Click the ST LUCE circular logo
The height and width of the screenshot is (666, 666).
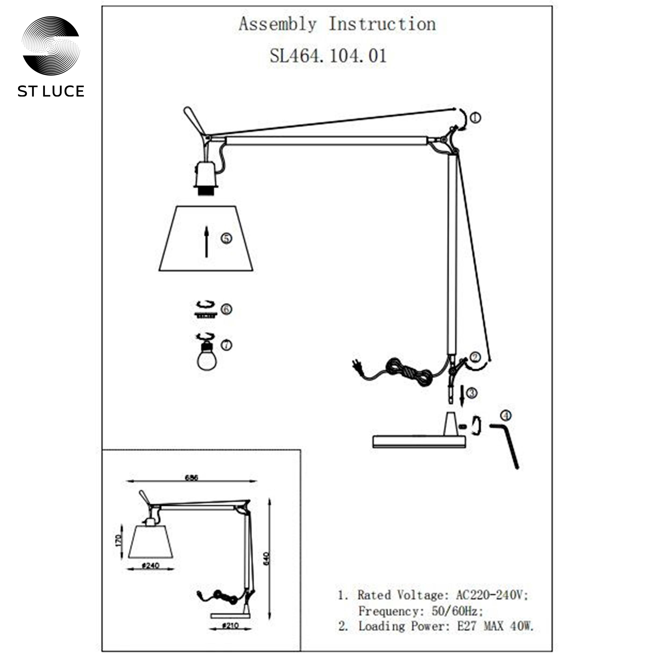pyautogui.click(x=51, y=46)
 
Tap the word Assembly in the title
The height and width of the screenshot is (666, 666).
pyautogui.click(x=277, y=24)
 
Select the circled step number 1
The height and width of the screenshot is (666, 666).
pyautogui.click(x=476, y=118)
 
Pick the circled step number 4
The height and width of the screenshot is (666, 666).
pyautogui.click(x=506, y=416)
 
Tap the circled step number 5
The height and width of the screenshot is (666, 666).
pyautogui.click(x=226, y=238)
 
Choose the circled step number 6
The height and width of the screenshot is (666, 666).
pyautogui.click(x=226, y=309)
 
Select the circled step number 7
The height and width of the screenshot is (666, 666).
pyautogui.click(x=226, y=345)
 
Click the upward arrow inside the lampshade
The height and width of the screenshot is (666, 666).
pyautogui.click(x=206, y=242)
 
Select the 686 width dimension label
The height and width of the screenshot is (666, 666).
pyautogui.click(x=192, y=478)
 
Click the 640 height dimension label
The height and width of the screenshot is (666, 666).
pyautogui.click(x=266, y=568)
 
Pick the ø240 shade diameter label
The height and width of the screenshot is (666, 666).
pyautogui.click(x=151, y=566)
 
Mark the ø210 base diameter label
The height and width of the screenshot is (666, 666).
pyautogui.click(x=230, y=626)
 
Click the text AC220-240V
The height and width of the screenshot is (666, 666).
pyautogui.click(x=492, y=595)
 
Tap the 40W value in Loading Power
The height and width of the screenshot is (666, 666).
pyautogui.click(x=522, y=625)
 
